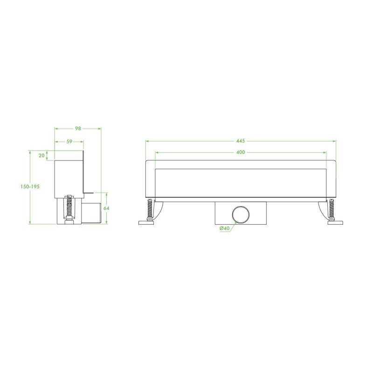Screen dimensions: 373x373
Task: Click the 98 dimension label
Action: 78,129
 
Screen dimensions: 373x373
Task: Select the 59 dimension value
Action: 69,142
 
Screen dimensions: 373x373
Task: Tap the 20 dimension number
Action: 41,155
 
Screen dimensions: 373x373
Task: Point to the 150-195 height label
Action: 30,187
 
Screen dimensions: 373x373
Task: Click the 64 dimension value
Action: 106,208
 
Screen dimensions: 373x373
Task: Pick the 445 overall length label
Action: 241,141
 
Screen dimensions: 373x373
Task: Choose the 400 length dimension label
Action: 241,152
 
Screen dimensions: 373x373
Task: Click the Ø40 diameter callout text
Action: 225,228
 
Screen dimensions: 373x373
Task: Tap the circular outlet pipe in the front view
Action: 241,215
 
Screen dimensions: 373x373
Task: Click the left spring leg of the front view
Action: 150,208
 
